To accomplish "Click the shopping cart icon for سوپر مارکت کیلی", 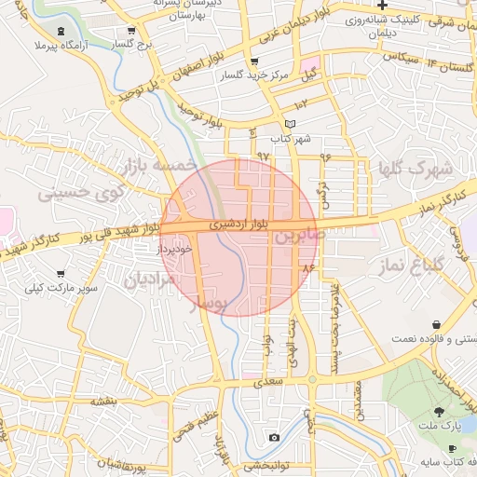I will pos(61,274).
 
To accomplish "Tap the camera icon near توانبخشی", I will pos(274,437).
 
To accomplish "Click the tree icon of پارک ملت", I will pos(439,411).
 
